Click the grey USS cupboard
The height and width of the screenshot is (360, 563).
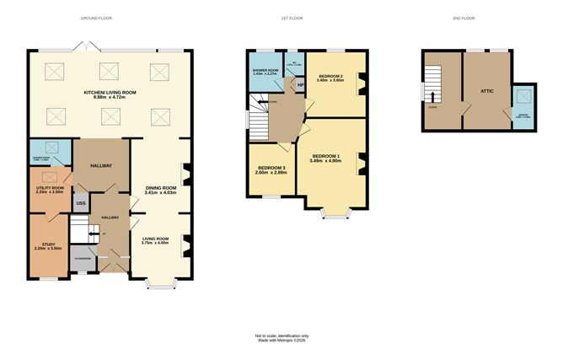coord(81,203)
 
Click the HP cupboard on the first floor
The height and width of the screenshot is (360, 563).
coord(299,84)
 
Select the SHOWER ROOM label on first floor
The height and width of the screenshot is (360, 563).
coord(265,72)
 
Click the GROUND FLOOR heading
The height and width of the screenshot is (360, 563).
coord(95,18)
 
